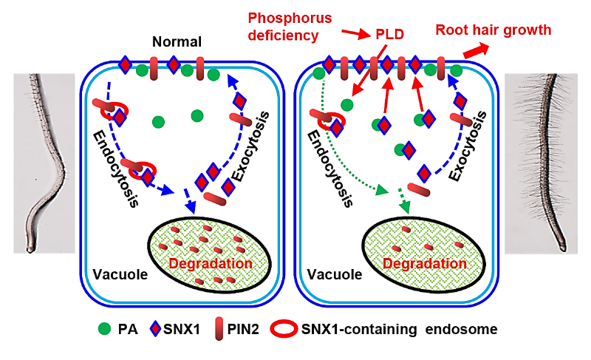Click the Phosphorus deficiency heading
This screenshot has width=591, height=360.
[x=284, y=25]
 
